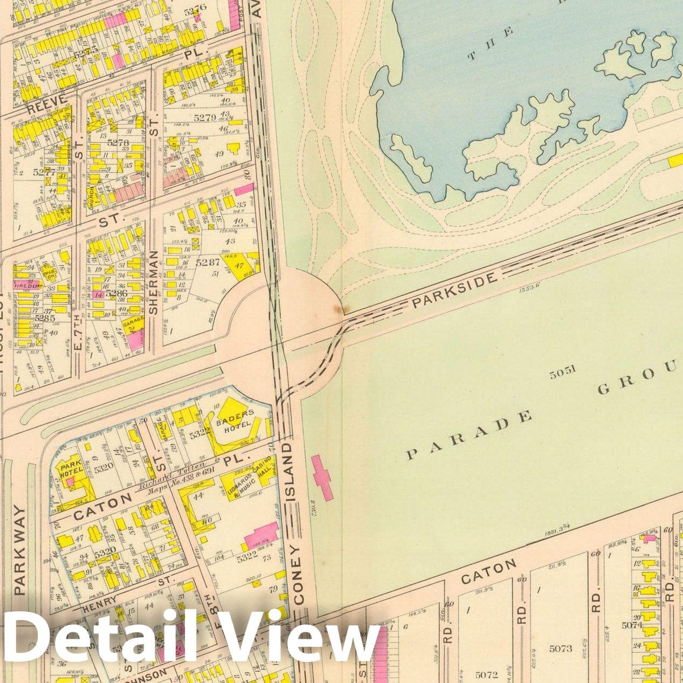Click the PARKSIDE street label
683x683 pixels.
point(453,290)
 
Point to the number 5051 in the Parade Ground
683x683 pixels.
point(563,371)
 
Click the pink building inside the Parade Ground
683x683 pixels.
point(322,477)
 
